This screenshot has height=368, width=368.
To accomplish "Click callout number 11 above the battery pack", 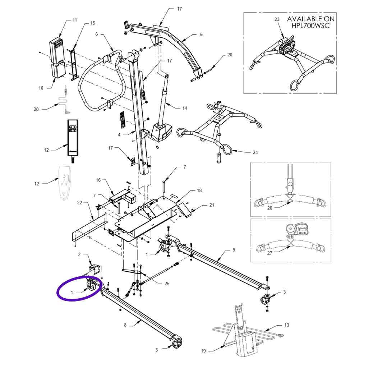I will [x=74, y=20].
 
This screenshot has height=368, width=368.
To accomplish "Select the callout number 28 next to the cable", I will [x=36, y=109].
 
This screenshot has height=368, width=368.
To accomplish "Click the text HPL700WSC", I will [x=310, y=26].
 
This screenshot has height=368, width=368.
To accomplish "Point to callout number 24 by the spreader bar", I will [x=255, y=152].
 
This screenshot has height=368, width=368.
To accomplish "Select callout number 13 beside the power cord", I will [x=286, y=325].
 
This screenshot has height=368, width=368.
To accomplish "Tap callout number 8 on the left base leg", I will [x=125, y=325].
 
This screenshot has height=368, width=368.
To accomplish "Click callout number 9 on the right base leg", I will [x=234, y=249].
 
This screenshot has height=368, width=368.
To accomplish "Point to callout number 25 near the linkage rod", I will [x=166, y=284].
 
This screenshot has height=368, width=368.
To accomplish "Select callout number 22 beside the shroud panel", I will [x=80, y=203].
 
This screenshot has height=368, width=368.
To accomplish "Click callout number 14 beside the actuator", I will [x=185, y=108].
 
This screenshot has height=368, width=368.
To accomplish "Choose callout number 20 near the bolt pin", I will [x=230, y=55].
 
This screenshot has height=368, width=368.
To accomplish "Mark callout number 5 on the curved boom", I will [x=201, y=34].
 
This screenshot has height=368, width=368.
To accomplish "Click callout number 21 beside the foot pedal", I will [x=211, y=205].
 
